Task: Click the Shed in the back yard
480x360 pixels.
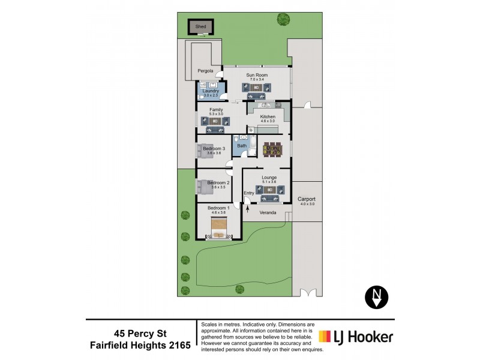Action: point(200,28)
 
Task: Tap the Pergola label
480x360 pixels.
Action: point(206,71)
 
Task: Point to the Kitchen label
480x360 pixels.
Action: point(268,116)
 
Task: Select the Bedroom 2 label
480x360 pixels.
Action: point(218,182)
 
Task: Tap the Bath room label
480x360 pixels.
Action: point(242,146)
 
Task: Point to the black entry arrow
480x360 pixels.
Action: point(247,208)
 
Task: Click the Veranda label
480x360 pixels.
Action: point(267,212)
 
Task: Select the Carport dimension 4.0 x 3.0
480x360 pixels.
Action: point(307,204)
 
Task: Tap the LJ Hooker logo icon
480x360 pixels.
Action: point(326,337)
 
